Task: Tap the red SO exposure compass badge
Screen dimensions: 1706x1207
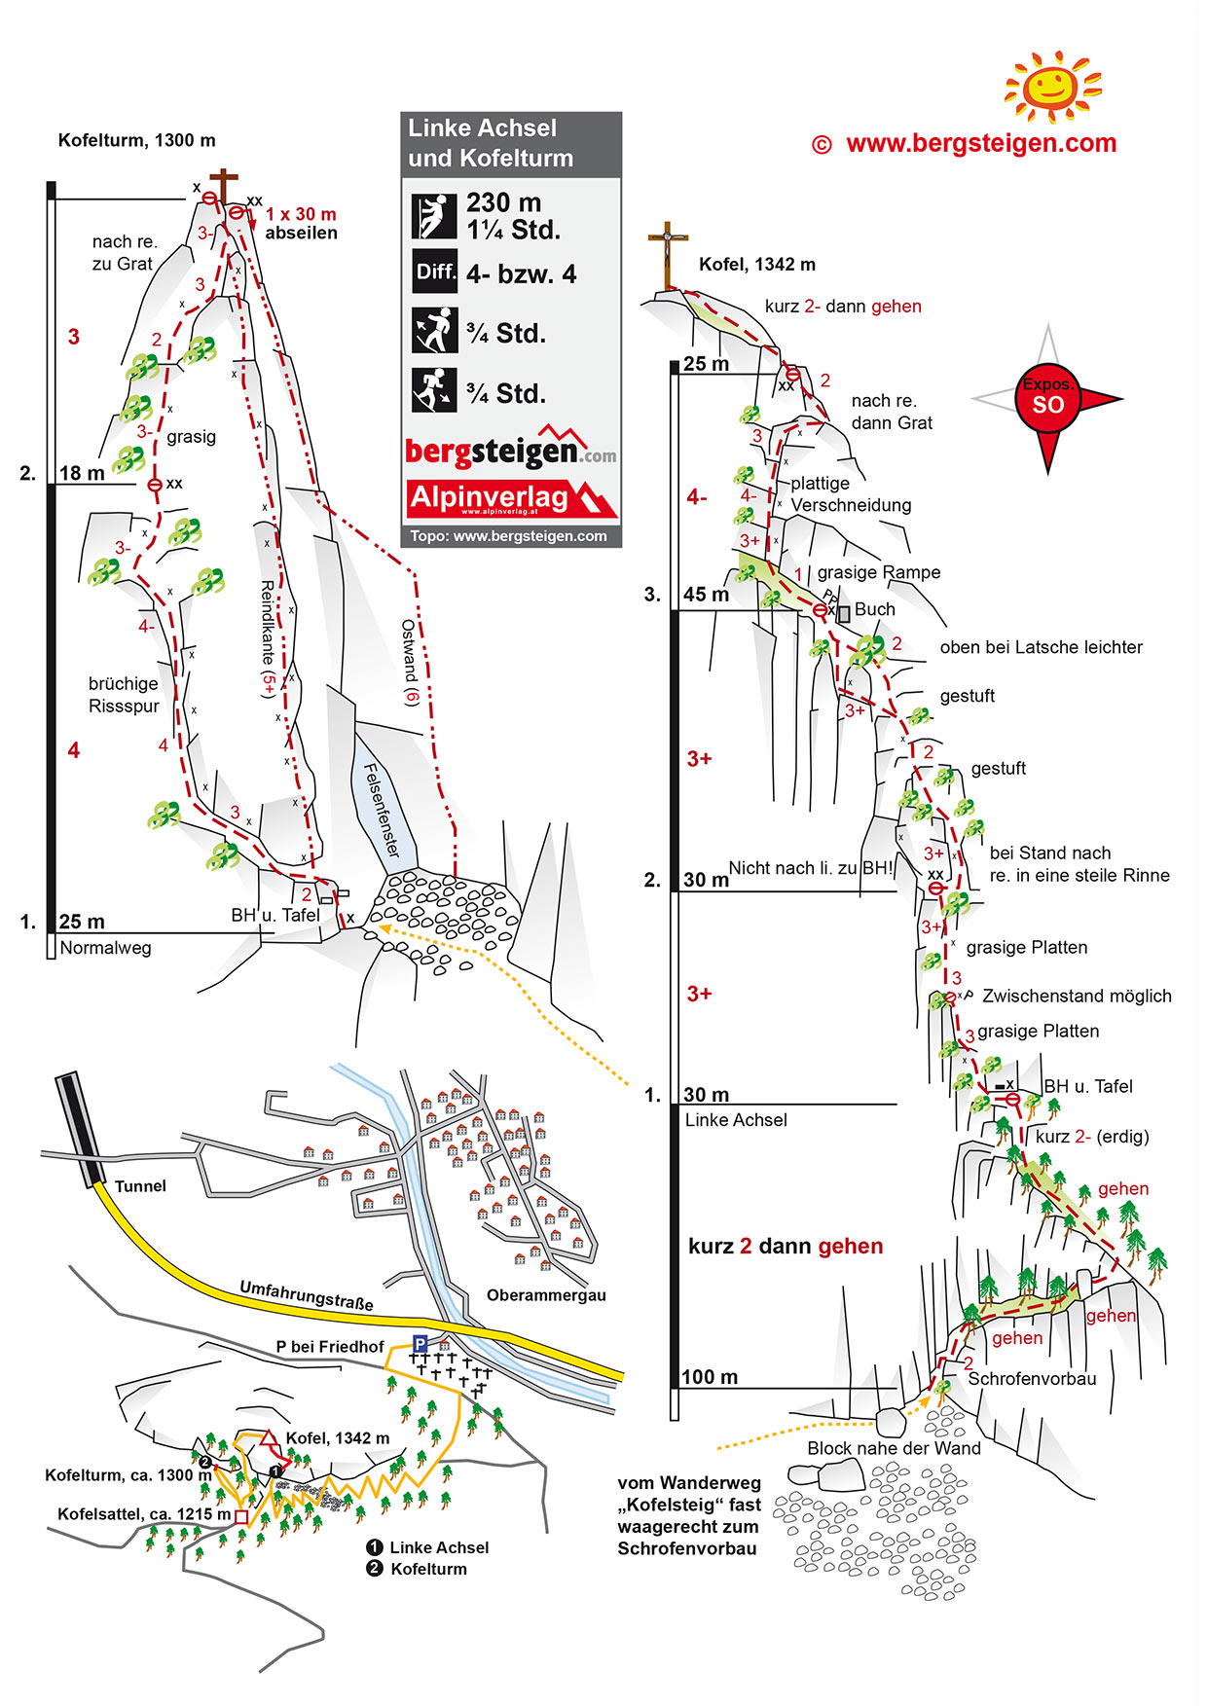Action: pos(1047,399)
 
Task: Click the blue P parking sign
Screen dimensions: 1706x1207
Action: pos(420,1343)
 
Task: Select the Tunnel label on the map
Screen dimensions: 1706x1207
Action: pos(140,1185)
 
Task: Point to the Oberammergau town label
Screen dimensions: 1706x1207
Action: pos(546,1295)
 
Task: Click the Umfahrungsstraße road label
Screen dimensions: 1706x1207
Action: pos(307,1295)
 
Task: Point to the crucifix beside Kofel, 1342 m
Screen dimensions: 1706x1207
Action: pos(668,256)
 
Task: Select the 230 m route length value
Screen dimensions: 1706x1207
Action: pos(503,202)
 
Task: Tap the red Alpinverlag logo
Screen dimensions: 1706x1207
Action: pos(511,497)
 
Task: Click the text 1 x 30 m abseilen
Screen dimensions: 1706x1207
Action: pos(301,223)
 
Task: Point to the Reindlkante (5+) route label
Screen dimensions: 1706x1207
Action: pos(268,637)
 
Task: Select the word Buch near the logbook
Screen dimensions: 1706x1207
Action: pos(874,609)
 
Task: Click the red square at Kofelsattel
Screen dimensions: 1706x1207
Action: pos(241,1516)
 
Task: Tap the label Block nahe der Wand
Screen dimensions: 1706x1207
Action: pos(894,1448)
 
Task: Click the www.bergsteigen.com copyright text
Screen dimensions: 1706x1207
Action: pos(965,144)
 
